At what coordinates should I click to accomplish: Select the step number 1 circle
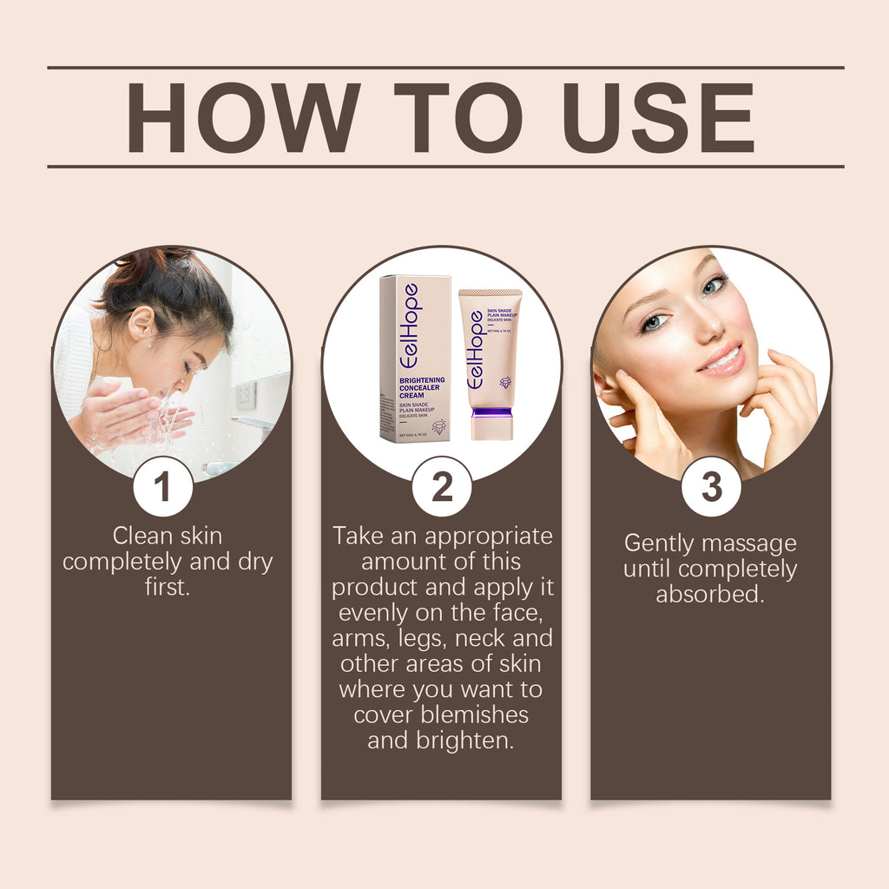coord(162,488)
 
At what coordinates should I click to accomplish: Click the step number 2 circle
coord(442,488)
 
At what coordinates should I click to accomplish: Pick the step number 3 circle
coord(711,488)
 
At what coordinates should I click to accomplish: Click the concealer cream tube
coord(491,360)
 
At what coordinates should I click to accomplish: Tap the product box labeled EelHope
coord(414,358)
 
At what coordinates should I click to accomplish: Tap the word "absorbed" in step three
coord(709,596)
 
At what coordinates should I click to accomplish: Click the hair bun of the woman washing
coord(138,260)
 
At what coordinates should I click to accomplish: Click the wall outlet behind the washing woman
coord(246,395)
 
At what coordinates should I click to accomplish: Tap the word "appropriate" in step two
coord(488,536)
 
